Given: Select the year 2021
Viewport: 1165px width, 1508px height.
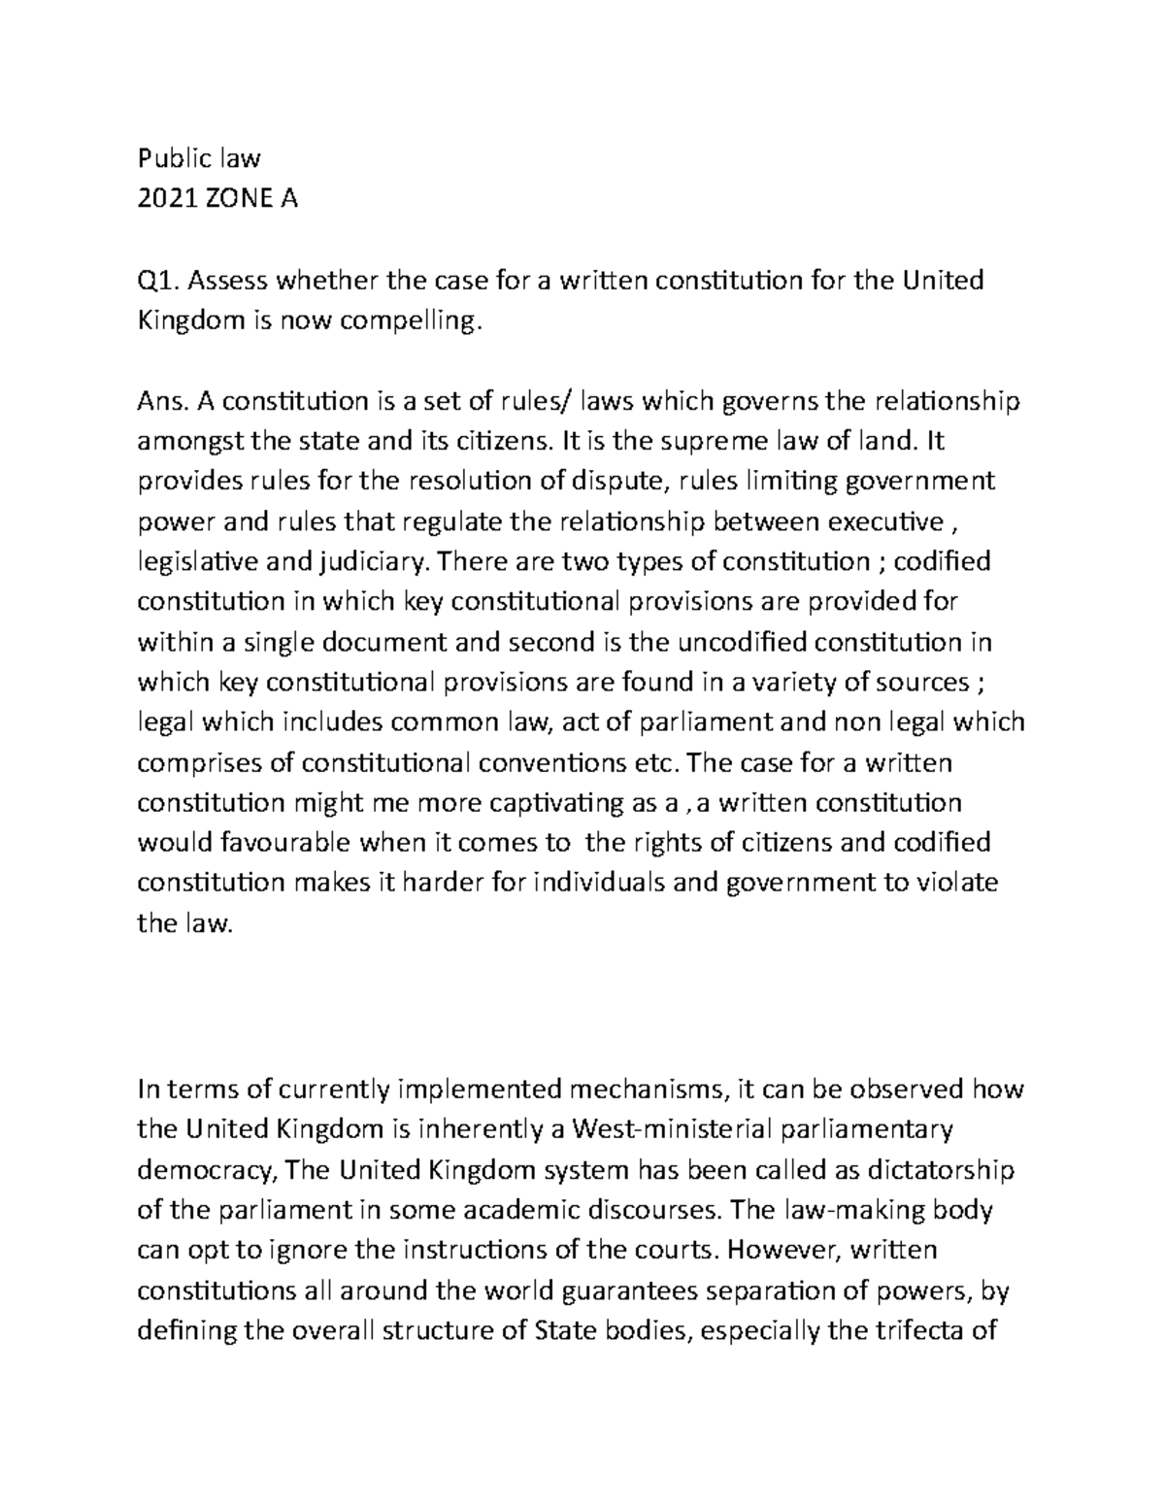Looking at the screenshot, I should [x=168, y=199].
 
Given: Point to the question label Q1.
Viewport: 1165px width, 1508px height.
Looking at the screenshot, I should [x=156, y=281].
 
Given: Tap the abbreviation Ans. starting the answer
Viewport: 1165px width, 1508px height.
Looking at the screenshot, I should [x=163, y=401].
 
